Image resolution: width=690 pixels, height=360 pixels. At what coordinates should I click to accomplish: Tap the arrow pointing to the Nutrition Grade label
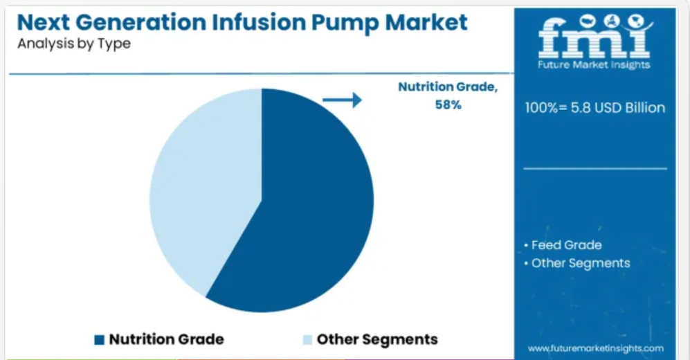click(342, 100)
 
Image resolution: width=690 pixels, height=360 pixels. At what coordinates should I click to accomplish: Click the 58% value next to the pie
click(448, 105)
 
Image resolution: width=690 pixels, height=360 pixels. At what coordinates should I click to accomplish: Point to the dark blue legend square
click(100, 340)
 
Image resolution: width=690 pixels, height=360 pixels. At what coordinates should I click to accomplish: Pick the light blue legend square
click(307, 340)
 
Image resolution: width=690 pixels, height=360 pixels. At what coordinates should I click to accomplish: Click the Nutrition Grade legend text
click(166, 339)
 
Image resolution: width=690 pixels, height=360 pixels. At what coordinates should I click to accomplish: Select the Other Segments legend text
click(377, 339)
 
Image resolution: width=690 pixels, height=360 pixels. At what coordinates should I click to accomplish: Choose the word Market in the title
click(426, 22)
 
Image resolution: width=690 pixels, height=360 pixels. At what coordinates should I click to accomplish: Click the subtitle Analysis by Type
click(74, 44)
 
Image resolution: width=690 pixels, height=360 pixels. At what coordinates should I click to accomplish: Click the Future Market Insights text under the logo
click(594, 65)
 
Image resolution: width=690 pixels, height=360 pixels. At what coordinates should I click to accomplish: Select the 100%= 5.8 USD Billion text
click(595, 108)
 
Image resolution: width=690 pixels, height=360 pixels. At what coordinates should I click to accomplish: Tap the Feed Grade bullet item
click(563, 244)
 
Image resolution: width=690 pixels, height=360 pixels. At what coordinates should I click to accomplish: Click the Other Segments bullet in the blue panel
click(577, 263)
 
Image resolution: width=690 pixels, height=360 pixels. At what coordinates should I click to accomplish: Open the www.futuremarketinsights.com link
click(596, 348)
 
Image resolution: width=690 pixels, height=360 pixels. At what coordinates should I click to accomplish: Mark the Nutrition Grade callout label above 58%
click(448, 87)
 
